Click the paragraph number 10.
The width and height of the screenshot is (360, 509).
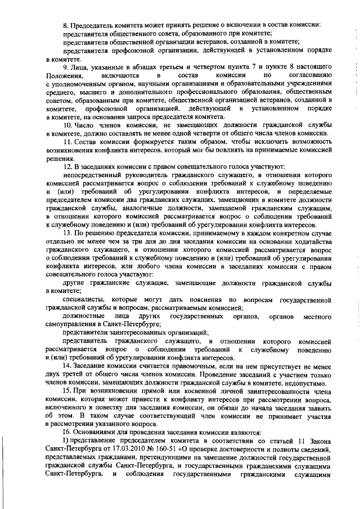tap(67, 124)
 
